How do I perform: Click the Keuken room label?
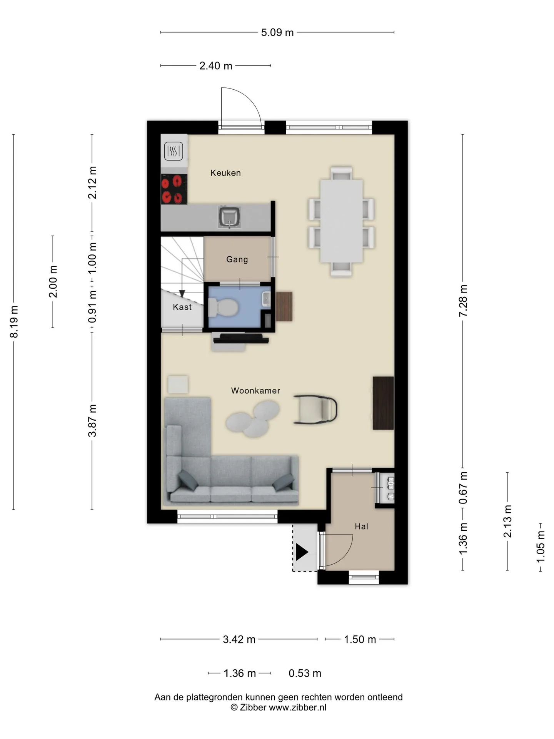[225, 173]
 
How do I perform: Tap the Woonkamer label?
[255, 391]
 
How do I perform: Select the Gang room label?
[237, 259]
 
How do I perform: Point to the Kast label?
[182, 307]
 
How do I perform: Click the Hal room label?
[361, 527]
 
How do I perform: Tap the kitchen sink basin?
[230, 217]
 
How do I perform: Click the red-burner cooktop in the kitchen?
[174, 189]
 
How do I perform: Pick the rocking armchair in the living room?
[315, 410]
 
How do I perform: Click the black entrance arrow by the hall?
[302, 552]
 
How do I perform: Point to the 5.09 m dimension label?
[277, 33]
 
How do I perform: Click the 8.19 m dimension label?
[14, 322]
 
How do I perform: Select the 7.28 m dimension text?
[463, 301]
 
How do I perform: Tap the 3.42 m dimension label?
[239, 639]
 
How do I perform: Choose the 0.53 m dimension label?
[305, 673]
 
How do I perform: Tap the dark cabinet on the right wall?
[383, 403]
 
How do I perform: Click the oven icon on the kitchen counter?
[174, 151]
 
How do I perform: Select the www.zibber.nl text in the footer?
[297, 707]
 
